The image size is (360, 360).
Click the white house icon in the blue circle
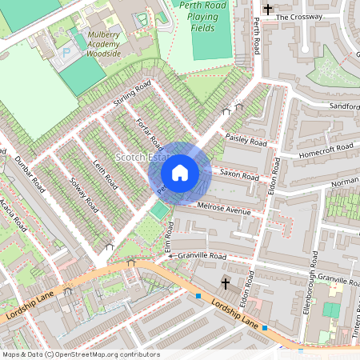tap(180, 172)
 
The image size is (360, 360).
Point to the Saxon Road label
tap(241, 176)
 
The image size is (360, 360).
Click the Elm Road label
tap(169, 234)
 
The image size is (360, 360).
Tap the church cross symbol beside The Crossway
tap(267, 9)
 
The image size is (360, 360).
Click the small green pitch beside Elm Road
tap(160, 210)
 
